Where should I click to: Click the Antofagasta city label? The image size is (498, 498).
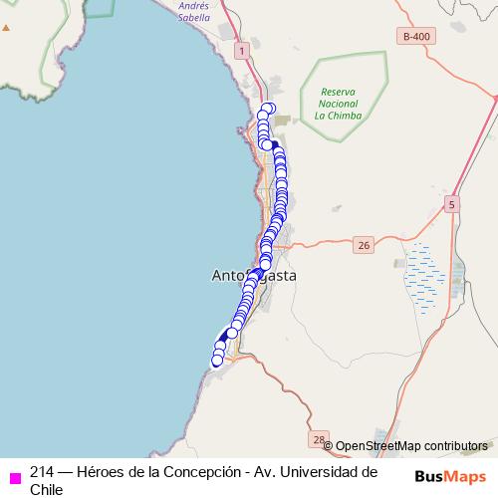(x=254, y=275)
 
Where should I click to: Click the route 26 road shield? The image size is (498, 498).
(x=364, y=244)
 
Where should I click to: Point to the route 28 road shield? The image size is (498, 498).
(x=319, y=438)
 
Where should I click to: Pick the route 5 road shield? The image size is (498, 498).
(x=453, y=204)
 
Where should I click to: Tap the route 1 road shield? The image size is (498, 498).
(x=241, y=49)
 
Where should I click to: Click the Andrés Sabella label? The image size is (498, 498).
(x=193, y=11)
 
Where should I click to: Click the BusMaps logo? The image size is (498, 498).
(x=450, y=476)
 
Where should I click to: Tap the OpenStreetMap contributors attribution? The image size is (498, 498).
(x=411, y=445)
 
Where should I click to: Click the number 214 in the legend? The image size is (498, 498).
(x=42, y=471)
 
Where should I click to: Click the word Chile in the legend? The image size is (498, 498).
(x=46, y=489)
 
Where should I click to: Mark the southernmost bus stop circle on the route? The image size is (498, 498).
(x=218, y=360)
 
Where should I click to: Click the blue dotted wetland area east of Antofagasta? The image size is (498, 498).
(x=424, y=274)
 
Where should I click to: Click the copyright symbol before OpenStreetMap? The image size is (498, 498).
(x=329, y=446)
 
